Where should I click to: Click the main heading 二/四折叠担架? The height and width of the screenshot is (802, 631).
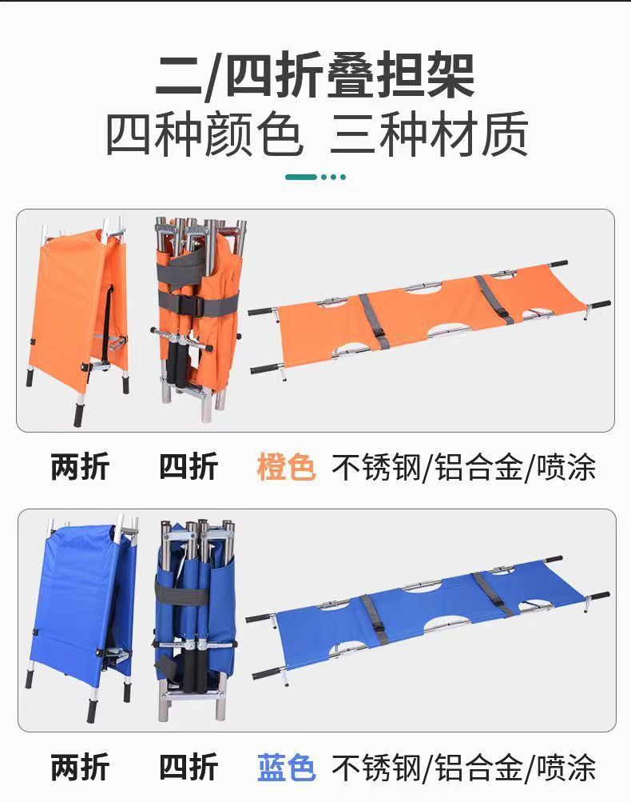(x=315, y=77)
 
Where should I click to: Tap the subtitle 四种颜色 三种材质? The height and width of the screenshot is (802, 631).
(x=315, y=135)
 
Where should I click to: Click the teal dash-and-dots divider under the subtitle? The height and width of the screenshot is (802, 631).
(x=315, y=177)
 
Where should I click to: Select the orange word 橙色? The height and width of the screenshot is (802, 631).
(x=286, y=467)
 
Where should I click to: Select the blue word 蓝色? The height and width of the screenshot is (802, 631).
(x=286, y=768)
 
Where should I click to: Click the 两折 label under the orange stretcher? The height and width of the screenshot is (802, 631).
(x=80, y=467)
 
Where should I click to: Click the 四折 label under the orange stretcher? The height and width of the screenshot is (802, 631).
(x=189, y=467)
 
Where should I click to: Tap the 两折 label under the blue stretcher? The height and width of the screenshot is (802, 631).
(x=80, y=768)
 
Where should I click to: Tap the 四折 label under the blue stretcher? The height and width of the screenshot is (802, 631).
(x=189, y=768)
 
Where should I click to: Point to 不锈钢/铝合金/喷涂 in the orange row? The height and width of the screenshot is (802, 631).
(x=464, y=467)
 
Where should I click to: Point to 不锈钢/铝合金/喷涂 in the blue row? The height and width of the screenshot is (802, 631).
(x=464, y=768)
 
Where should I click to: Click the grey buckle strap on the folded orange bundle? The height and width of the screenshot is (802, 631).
(x=196, y=305)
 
